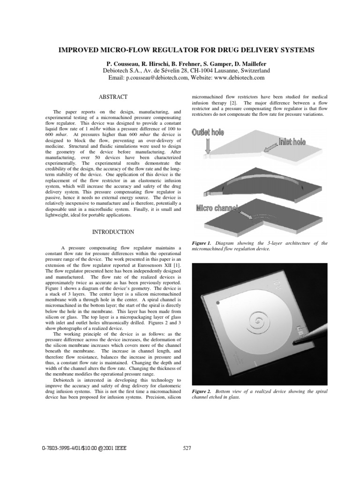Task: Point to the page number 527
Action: [187, 448]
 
